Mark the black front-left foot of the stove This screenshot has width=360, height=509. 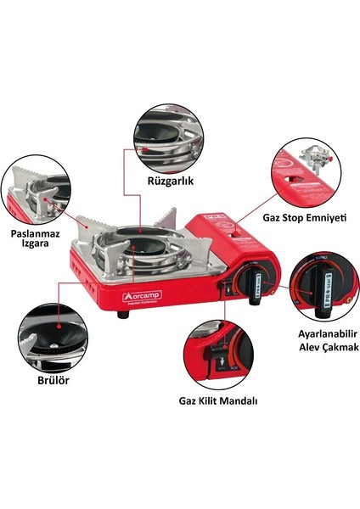coord(123,314)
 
